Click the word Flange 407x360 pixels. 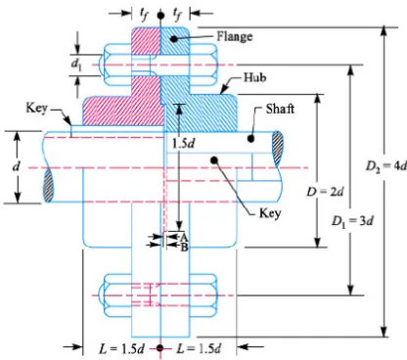coord(235,36)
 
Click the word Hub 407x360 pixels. coord(255,77)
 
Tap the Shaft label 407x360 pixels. coord(280,109)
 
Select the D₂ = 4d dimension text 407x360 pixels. coord(386,166)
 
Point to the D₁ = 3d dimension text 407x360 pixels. coord(352,221)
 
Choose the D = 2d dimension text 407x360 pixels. coord(325,192)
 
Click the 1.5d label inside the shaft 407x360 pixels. coord(183,143)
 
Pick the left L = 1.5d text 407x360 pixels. coord(121,349)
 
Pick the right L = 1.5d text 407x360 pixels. coord(199,349)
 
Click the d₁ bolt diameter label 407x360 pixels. coord(76,65)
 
